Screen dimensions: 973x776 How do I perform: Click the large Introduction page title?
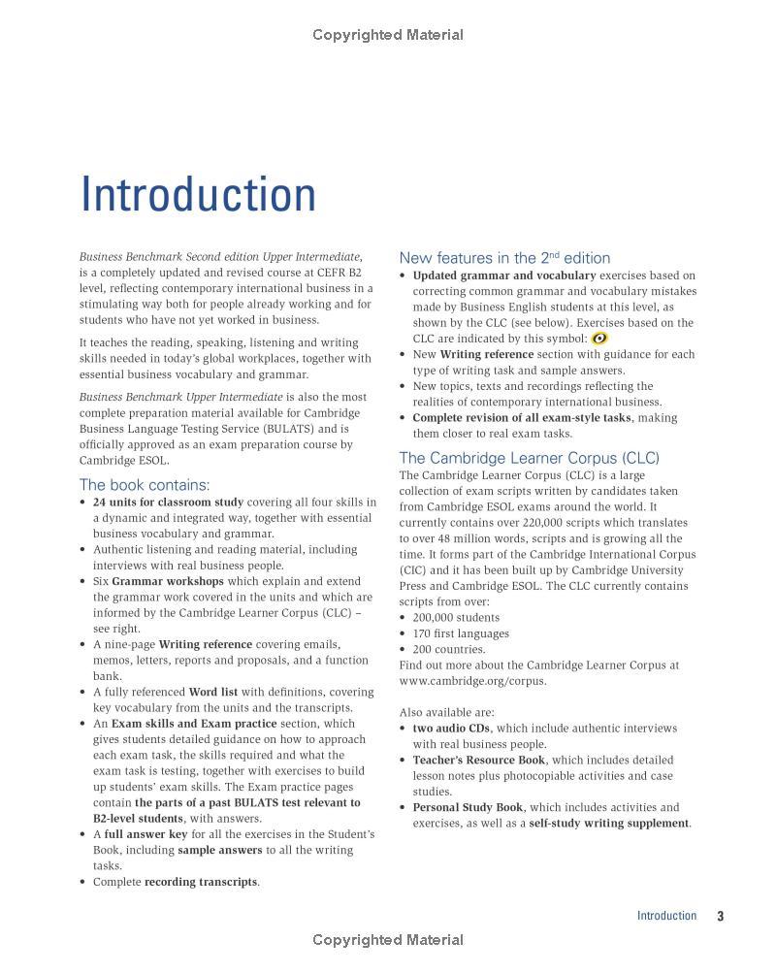pos(198,194)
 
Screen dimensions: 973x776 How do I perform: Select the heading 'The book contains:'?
pos(144,485)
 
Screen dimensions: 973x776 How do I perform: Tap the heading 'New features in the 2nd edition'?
pos(504,258)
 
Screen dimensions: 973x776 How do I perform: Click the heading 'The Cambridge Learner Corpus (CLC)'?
pos(529,458)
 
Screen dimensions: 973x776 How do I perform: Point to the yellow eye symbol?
pos(599,339)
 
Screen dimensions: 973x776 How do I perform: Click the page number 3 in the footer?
pos(721,916)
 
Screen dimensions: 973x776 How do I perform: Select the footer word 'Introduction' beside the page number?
pos(666,916)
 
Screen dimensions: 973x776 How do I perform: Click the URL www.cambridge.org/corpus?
pos(472,681)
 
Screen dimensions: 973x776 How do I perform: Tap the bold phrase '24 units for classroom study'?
pos(168,503)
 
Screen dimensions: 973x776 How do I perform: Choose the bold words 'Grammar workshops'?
pos(168,582)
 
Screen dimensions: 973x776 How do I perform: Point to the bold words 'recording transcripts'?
pos(201,882)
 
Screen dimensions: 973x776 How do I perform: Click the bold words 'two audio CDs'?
pos(451,729)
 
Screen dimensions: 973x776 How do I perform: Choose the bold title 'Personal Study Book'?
pos(468,808)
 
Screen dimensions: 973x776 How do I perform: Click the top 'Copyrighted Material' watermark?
pos(388,36)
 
